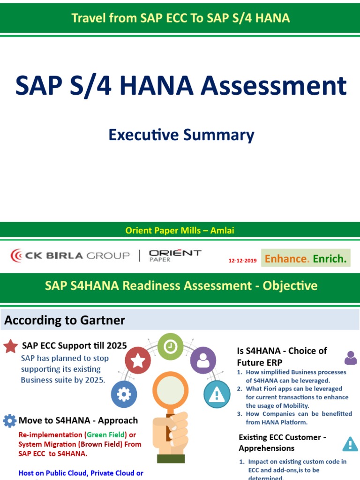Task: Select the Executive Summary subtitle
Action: tap(181, 135)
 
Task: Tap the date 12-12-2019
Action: tap(242, 261)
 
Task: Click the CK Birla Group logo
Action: tap(70, 255)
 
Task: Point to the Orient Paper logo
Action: tap(175, 255)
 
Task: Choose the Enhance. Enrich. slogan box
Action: tap(306, 258)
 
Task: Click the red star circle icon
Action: tap(138, 360)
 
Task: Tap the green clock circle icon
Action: tap(171, 346)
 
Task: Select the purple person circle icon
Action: tap(203, 360)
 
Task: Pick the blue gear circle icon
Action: tap(124, 394)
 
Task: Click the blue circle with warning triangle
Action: tap(217, 395)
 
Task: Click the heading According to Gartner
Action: tap(65, 321)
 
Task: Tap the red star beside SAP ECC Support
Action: tap(11, 346)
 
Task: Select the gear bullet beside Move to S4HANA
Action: tap(10, 420)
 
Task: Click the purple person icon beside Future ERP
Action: tap(350, 358)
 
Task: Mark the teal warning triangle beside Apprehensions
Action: tap(350, 443)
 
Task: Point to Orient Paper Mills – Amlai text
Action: tap(180, 230)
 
